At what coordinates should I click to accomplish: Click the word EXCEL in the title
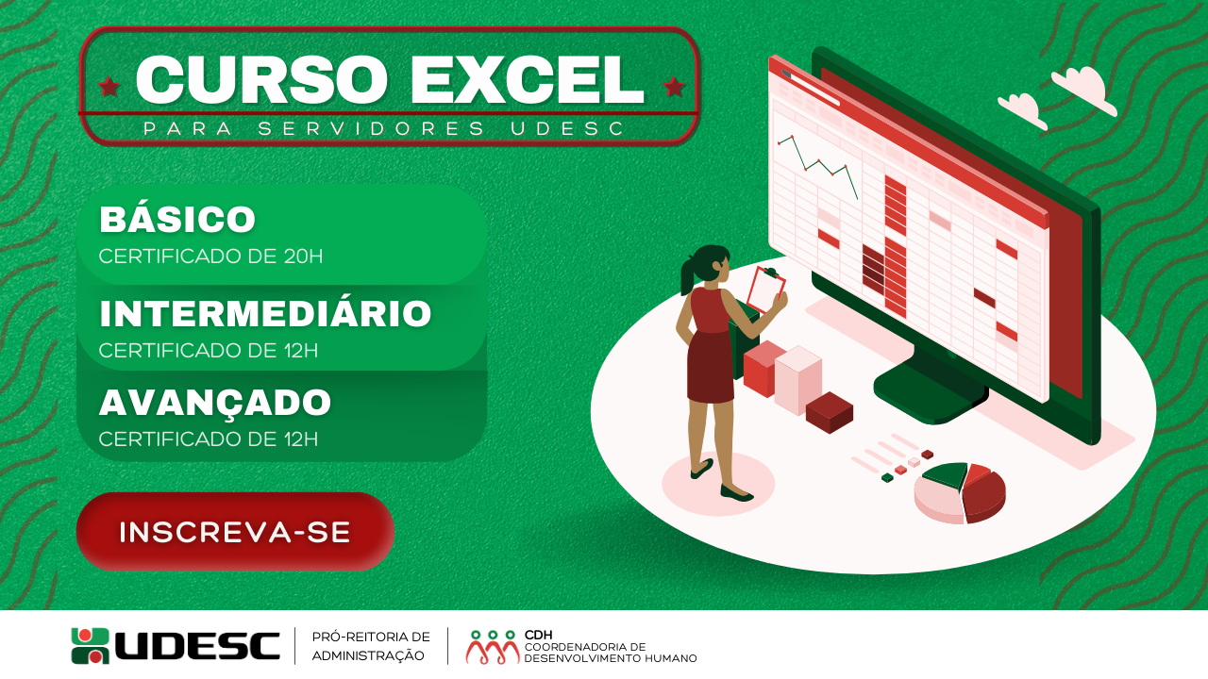(x=528, y=79)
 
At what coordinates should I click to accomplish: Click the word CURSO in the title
(x=261, y=79)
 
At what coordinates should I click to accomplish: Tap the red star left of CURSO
(x=109, y=86)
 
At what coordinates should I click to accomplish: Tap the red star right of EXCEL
(x=674, y=86)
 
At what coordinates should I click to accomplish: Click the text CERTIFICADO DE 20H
(x=210, y=257)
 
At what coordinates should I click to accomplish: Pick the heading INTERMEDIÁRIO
(x=265, y=313)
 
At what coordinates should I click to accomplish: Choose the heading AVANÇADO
(x=215, y=403)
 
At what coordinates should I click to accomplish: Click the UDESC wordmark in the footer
(x=197, y=646)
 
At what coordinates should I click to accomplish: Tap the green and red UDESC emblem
(x=90, y=646)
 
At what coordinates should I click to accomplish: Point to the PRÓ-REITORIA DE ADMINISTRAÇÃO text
(x=371, y=646)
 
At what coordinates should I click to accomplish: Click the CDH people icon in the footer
(x=493, y=647)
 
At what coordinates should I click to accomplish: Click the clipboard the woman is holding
(x=765, y=290)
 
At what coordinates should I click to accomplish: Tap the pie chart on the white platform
(x=960, y=492)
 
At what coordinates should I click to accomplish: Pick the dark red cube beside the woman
(x=830, y=412)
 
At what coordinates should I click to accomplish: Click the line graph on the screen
(x=817, y=165)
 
